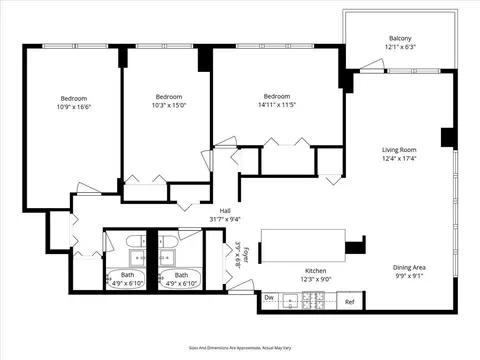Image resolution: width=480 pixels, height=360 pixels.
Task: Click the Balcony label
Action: click(399, 39)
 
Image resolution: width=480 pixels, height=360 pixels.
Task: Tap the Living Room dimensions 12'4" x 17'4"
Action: click(399, 158)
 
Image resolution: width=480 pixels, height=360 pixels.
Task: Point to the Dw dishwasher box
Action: click(270, 298)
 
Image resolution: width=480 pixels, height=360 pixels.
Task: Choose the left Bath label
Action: click(127, 274)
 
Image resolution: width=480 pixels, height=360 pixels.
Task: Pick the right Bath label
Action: click(181, 274)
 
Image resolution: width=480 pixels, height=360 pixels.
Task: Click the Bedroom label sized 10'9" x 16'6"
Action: click(74, 98)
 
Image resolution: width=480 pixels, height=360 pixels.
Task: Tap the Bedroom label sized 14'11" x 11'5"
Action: click(277, 96)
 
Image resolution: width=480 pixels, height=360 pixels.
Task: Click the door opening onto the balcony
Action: click(371, 65)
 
